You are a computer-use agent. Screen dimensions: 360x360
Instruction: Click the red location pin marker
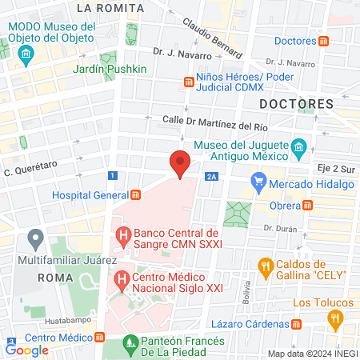(x=180, y=162)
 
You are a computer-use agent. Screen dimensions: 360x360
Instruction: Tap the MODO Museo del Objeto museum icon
(x=26, y=55)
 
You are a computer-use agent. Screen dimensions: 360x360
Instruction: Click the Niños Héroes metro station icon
(x=189, y=81)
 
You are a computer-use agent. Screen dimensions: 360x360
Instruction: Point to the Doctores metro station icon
(x=322, y=41)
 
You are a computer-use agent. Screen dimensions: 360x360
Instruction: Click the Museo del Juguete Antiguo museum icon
(x=299, y=147)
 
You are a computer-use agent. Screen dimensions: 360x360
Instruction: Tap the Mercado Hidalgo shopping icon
(x=258, y=184)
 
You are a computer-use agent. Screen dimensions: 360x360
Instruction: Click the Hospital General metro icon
(x=136, y=194)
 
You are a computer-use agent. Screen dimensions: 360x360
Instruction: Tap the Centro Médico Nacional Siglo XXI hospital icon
(x=122, y=280)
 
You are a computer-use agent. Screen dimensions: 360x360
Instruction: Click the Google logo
(x=27, y=350)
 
